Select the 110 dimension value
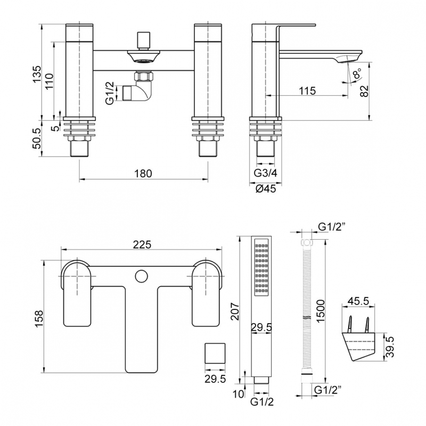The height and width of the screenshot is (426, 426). (x=49, y=80)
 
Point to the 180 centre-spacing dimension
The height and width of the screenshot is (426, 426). (x=143, y=173)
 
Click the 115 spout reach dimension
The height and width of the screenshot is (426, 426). (x=307, y=91)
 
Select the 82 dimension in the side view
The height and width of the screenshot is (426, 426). (x=364, y=91)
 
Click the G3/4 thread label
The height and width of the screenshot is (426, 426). (x=265, y=173)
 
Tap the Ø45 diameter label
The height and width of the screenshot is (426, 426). (x=265, y=189)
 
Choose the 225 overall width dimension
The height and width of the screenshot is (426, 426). (x=142, y=244)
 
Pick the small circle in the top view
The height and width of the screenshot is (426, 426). (x=142, y=276)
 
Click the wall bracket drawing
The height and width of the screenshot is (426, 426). (x=359, y=341)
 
